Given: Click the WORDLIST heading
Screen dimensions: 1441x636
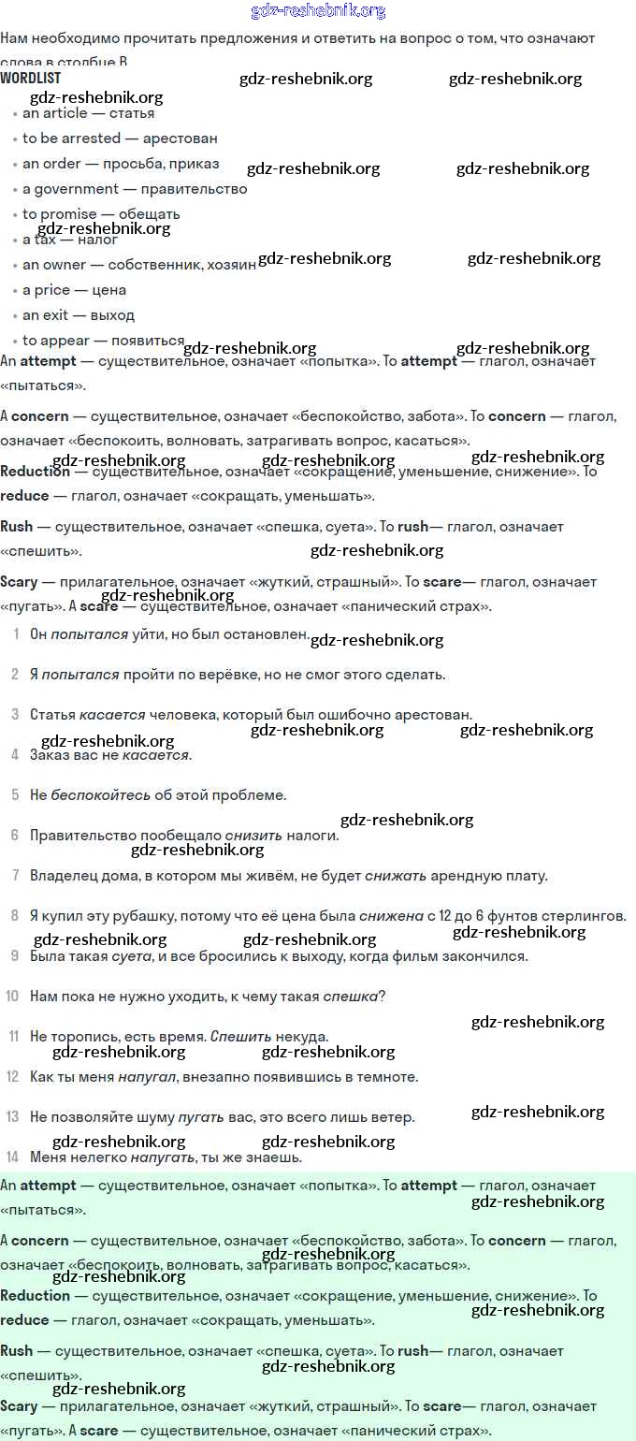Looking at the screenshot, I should (32, 79).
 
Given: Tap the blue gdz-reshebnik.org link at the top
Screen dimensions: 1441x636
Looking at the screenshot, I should (318, 11).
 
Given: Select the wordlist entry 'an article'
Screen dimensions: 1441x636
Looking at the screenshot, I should (54, 113).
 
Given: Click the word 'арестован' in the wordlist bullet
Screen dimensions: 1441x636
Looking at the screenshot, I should (181, 138).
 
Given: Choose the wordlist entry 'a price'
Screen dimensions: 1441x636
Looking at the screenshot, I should (46, 290).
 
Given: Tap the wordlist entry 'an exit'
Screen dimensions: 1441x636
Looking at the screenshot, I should (45, 315).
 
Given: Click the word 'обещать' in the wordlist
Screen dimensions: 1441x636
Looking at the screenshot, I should (150, 214).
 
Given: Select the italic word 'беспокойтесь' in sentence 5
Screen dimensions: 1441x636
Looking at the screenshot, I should (101, 795).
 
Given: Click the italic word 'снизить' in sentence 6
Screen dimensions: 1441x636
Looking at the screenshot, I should (249, 836).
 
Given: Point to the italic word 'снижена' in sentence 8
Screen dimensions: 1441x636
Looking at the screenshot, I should (391, 916).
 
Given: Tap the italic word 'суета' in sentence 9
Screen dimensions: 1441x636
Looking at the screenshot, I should (131, 956).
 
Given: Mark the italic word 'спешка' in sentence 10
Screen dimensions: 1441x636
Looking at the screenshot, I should (351, 997).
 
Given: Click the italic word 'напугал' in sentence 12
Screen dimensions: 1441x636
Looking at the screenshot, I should (147, 1077).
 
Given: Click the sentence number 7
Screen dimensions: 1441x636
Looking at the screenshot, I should (15, 876).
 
